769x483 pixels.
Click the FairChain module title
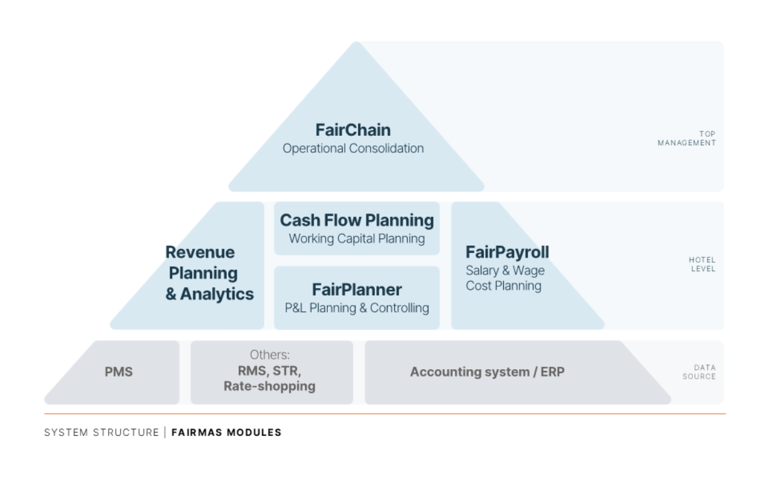click(x=353, y=130)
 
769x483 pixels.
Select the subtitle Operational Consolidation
click(x=353, y=148)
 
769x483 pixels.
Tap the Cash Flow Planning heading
click(x=357, y=220)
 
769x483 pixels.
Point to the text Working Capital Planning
click(x=357, y=239)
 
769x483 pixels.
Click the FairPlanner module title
click(x=357, y=289)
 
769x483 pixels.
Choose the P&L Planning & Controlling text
click(x=357, y=308)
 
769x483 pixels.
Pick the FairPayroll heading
click(x=507, y=252)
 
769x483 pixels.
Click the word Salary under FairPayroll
click(x=482, y=271)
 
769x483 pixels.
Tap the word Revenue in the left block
click(x=200, y=252)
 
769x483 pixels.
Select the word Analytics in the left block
click(x=217, y=294)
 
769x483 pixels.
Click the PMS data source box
click(x=119, y=372)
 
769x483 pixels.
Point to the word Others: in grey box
click(x=270, y=355)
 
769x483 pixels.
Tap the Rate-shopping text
click(x=270, y=386)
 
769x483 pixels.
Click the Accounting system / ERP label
click(x=487, y=372)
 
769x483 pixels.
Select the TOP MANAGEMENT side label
click(x=687, y=138)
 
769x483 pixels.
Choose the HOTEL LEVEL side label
click(x=702, y=264)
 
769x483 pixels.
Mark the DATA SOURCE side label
click(x=699, y=372)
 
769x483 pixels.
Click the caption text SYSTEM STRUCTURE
click(x=101, y=433)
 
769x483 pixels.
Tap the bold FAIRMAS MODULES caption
click(x=226, y=433)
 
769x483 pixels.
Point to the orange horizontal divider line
click(x=384, y=414)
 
